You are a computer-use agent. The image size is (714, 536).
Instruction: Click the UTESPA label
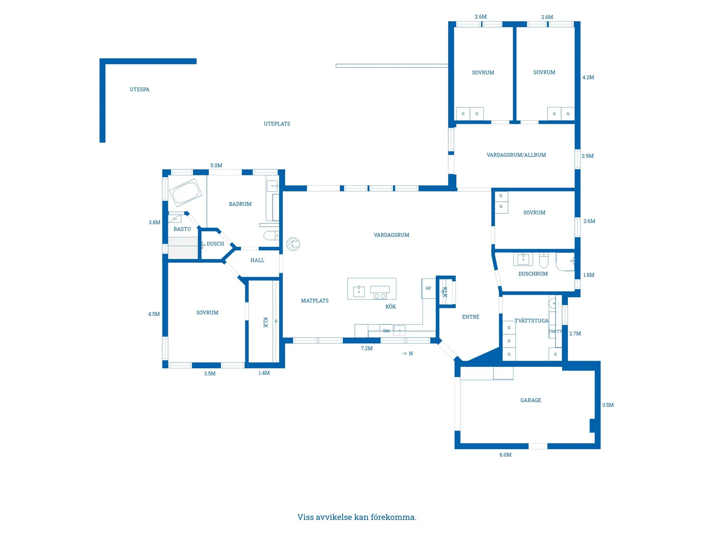tap(139, 90)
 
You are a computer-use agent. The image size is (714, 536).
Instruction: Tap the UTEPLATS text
tap(277, 124)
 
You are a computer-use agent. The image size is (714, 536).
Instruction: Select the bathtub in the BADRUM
tap(185, 193)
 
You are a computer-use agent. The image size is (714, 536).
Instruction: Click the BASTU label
tap(182, 229)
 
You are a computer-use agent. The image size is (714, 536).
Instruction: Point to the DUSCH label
tap(215, 244)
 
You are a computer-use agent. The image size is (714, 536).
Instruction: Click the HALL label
tap(257, 260)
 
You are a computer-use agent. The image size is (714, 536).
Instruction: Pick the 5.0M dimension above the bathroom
tap(216, 165)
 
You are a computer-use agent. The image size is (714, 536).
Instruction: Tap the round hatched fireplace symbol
tap(293, 244)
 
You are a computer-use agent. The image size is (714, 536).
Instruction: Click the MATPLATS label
tap(315, 301)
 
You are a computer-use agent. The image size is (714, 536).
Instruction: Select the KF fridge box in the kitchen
tap(428, 288)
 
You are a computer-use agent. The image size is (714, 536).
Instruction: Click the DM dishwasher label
tap(386, 331)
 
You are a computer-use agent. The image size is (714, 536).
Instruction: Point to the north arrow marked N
tap(408, 353)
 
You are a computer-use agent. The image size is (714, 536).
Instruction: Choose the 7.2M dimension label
tap(367, 348)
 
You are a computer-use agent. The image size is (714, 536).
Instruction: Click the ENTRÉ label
tap(471, 316)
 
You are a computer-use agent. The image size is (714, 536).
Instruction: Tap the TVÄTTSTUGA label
tap(531, 320)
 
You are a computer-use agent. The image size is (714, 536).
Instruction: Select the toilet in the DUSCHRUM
tap(544, 260)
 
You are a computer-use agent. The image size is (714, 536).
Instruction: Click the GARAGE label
tap(531, 400)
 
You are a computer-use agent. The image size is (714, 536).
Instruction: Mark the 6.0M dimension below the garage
tap(505, 455)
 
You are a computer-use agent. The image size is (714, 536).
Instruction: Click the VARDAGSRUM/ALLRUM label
tap(516, 155)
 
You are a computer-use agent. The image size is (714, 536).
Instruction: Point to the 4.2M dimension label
tap(588, 77)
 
